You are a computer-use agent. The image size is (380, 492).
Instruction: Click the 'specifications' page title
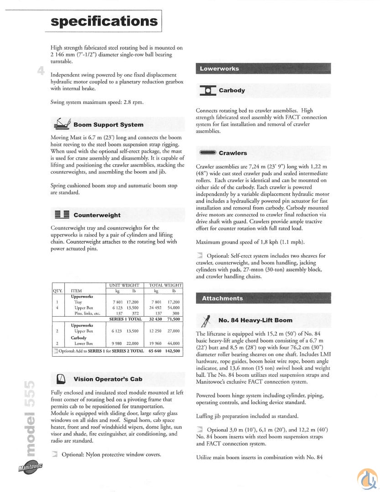coord(104,21)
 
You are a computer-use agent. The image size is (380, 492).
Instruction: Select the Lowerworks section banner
coord(263,69)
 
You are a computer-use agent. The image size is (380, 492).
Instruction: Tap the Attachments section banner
coord(263,298)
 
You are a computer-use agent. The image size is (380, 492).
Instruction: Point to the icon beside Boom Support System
coord(62,123)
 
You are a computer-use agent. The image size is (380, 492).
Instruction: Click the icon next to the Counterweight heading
coord(62,215)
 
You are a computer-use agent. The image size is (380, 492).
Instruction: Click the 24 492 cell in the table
coord(156,307)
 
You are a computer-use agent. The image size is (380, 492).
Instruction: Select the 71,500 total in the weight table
coord(173,319)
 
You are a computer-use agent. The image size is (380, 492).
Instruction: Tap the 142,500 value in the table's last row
coord(173,351)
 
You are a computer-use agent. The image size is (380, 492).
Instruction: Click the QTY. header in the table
coord(57,290)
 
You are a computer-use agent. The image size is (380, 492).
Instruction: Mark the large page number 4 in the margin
coord(41,71)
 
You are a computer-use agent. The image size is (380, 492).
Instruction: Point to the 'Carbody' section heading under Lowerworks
coord(232,90)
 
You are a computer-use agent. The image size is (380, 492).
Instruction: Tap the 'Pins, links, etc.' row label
coord(87,313)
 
